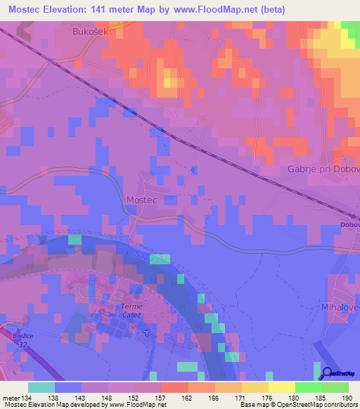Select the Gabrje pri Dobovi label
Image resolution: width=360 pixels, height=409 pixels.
pos(324,169)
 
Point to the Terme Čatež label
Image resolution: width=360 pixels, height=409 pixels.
pos(131,311)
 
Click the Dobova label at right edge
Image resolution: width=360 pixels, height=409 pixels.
pos(350,225)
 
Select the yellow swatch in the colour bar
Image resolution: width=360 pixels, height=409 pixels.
pos(282,387)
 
